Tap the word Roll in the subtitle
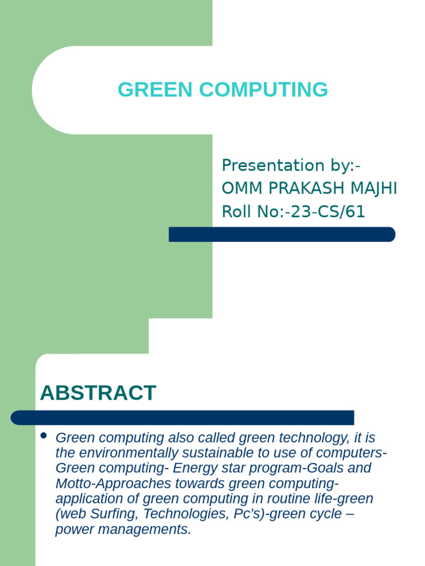[236, 212]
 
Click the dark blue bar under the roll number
[282, 234]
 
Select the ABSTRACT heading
[98, 393]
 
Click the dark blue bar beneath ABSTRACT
[183, 418]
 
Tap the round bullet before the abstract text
[44, 437]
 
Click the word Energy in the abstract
[192, 468]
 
